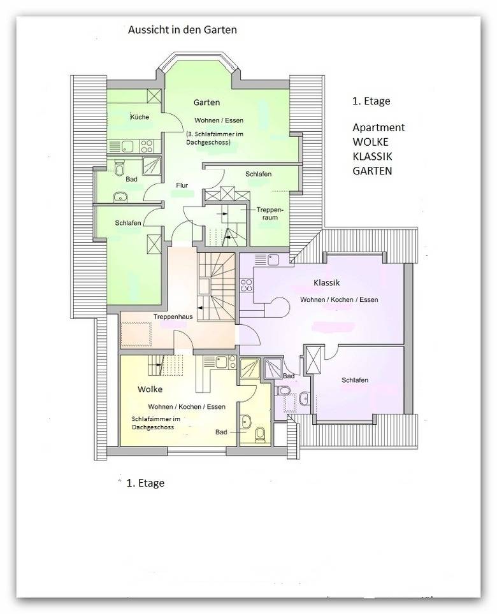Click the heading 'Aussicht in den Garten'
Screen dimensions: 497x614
[x=182, y=30]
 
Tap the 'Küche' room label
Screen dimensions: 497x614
[x=140, y=117]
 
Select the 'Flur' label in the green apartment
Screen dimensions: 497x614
[x=182, y=185]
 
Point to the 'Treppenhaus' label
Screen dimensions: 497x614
[x=173, y=317]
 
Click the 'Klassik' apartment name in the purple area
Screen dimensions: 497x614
[x=326, y=283]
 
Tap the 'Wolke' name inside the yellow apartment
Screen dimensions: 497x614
[x=150, y=389]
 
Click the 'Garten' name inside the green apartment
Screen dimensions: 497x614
[x=206, y=103]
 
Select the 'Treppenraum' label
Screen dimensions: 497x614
[x=270, y=213]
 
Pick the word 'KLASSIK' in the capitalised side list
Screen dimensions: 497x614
[x=372, y=156]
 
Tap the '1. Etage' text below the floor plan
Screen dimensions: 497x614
[x=145, y=483]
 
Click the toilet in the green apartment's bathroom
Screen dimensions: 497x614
[x=119, y=169]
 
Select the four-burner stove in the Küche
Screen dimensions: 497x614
[x=147, y=146]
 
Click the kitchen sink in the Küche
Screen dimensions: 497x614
[x=127, y=146]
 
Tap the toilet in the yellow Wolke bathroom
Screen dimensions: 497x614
[x=260, y=434]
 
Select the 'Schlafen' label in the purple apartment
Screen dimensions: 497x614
[x=355, y=380]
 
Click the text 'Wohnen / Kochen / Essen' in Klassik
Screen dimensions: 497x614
[x=339, y=299]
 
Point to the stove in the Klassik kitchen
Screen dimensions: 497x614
[x=247, y=285]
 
